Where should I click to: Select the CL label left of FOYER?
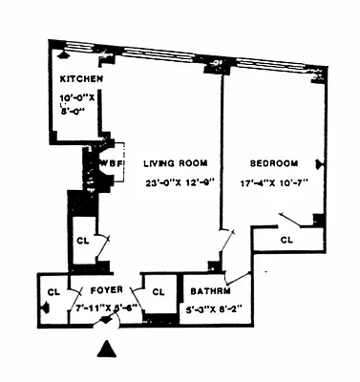point(54,290)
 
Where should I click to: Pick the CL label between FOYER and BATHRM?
point(159,290)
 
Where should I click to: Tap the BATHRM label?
point(207,290)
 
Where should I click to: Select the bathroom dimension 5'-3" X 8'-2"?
point(212,308)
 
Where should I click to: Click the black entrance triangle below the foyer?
point(109,351)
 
